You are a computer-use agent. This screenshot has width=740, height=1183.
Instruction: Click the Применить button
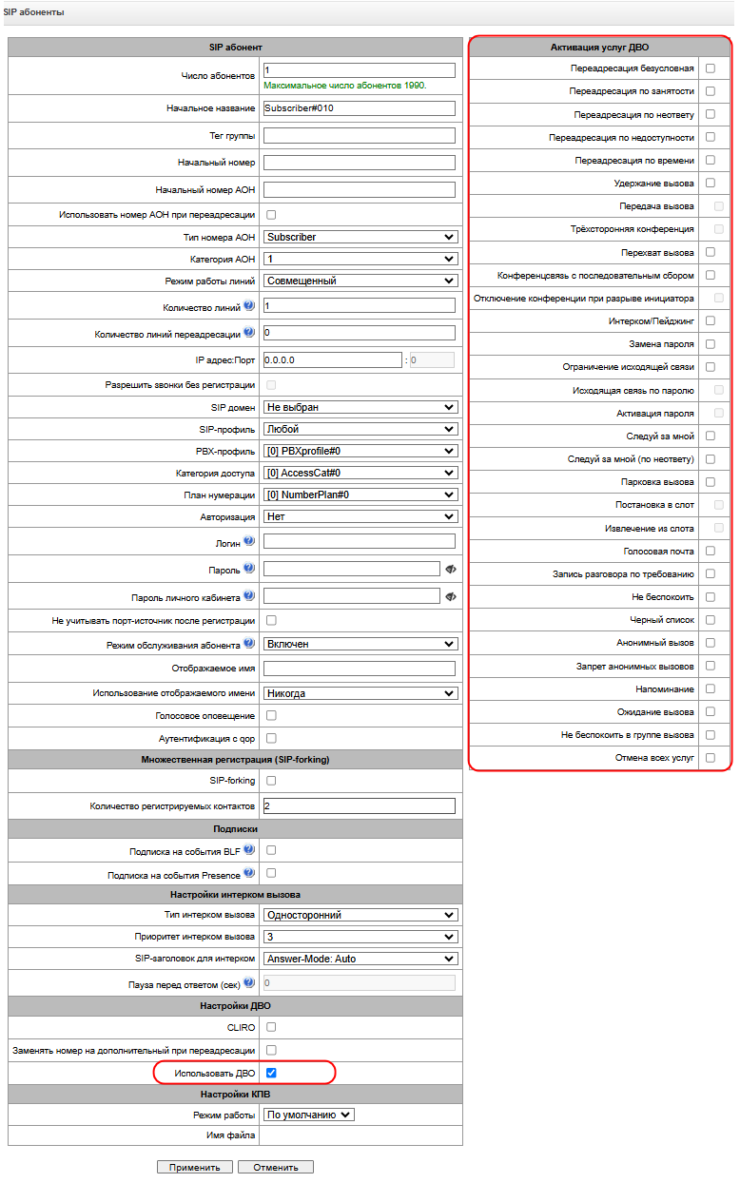coord(194,1167)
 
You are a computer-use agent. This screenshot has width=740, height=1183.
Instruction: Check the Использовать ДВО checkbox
coord(271,1073)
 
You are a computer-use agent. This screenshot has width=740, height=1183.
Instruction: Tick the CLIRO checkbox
coord(271,1027)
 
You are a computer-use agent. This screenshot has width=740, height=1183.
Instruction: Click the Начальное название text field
coord(359,107)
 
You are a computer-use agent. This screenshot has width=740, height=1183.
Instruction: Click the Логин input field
coord(359,541)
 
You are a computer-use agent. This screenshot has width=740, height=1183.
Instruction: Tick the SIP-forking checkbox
coord(271,781)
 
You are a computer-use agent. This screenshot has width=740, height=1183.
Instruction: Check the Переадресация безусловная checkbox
coord(711,68)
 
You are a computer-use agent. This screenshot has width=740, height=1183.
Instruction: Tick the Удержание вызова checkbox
coord(711,183)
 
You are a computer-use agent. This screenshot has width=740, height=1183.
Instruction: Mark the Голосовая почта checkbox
coord(711,551)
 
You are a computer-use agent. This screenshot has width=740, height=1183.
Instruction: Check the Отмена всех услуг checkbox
coord(711,758)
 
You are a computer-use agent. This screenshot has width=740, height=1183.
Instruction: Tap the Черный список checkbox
coord(711,620)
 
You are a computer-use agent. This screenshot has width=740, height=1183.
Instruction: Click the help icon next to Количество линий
coord(249,306)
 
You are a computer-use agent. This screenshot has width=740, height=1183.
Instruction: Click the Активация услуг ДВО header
coord(600,47)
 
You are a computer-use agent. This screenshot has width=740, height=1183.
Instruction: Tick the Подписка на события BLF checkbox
coord(271,849)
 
